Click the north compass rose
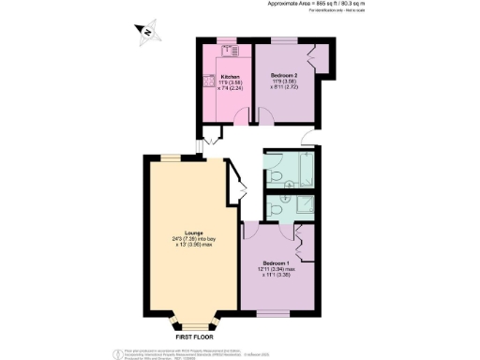146,36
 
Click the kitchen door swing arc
242,115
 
